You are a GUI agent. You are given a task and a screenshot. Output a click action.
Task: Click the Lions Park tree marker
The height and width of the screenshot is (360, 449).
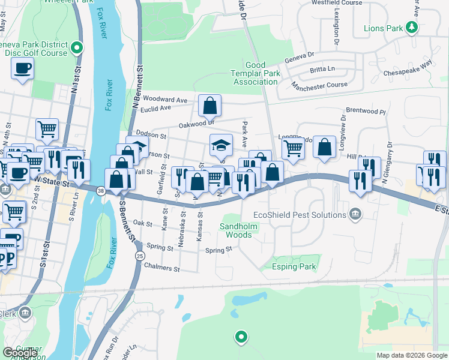tap(412, 28)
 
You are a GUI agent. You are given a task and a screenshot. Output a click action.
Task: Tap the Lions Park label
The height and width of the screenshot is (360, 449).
tap(384, 28)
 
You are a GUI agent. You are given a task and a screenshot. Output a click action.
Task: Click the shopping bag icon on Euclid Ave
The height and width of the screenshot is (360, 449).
tap(209, 106)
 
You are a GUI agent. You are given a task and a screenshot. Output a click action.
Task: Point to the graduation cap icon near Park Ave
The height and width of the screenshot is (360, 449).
tap(220, 145)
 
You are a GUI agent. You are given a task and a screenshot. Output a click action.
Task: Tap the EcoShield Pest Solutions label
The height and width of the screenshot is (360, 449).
tap(305, 214)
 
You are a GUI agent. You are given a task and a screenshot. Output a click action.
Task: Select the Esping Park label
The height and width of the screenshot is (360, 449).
tap(294, 266)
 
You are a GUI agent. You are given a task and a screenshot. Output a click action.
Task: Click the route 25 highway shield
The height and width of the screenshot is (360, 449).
tap(139, 256)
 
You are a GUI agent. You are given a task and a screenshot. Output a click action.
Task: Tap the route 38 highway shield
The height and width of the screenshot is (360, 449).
tap(100, 191)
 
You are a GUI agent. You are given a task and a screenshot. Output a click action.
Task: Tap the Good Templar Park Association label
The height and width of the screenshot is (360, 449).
tap(263, 73)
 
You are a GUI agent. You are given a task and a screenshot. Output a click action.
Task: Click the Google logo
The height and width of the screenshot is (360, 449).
tap(20, 353)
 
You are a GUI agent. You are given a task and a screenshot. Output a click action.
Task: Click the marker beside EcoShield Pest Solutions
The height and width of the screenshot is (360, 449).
tap(355, 214)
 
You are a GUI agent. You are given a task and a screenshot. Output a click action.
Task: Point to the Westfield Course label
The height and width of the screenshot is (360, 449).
tap(337, 3)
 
